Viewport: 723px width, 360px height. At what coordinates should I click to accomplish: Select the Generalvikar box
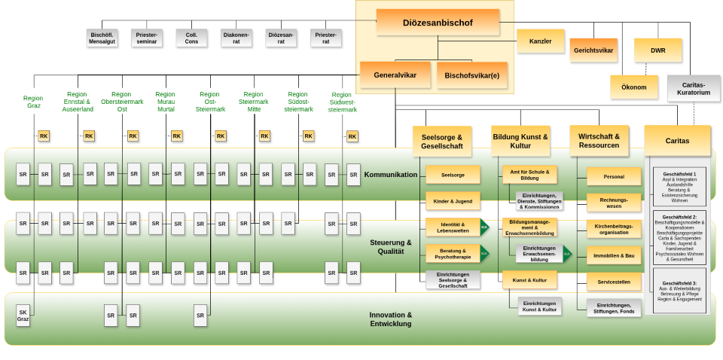[x=395, y=75]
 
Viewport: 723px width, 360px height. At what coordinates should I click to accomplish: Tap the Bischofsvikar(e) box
[x=472, y=75]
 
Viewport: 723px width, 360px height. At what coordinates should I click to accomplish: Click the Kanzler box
[x=540, y=41]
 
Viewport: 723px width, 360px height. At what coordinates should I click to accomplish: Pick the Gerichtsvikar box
[x=593, y=50]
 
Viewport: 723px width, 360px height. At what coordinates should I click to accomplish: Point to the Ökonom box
[x=634, y=87]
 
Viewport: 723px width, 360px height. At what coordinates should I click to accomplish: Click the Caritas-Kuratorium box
[x=694, y=88]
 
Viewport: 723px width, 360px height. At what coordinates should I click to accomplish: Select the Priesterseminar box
[x=146, y=38]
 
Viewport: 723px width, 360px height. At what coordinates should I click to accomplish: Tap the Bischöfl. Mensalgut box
[x=102, y=38]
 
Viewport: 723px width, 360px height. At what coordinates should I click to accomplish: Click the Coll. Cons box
[x=191, y=38]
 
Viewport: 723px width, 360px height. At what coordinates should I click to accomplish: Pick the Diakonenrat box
[x=236, y=38]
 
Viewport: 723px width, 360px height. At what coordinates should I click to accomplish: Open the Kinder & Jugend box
[x=453, y=201]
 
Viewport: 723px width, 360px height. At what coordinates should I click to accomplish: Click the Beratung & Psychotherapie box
[x=453, y=254]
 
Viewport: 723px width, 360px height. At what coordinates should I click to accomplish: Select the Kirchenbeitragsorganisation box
[x=614, y=229]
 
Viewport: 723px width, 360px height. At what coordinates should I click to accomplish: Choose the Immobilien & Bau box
[x=614, y=255]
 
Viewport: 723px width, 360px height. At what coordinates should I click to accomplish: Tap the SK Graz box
[x=23, y=316]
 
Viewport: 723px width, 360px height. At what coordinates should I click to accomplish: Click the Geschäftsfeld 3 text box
[x=679, y=291]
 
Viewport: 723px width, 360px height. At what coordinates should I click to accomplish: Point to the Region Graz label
[x=33, y=102]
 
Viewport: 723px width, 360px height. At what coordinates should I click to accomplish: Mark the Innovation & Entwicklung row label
[x=390, y=319]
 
